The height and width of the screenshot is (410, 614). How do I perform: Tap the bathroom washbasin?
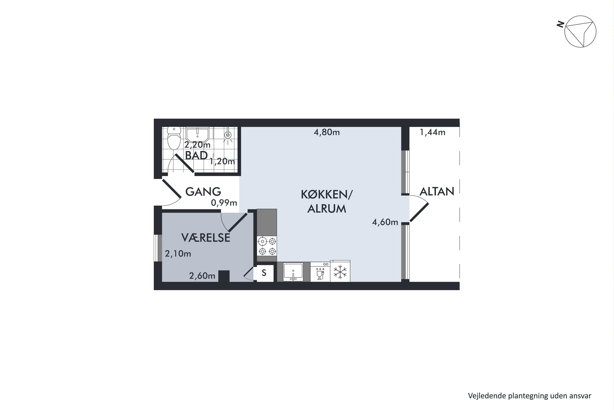tap(197, 134)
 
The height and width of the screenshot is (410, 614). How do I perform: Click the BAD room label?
tap(196, 155)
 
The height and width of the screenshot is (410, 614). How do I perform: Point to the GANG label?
tap(203, 192)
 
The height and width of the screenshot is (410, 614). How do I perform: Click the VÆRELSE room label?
tap(206, 238)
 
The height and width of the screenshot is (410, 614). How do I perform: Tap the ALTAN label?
tap(437, 191)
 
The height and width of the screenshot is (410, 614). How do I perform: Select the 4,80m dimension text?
tap(327, 132)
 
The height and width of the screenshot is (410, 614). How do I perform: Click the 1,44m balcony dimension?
tap(432, 132)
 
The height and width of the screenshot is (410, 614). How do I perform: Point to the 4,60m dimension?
tap(385, 222)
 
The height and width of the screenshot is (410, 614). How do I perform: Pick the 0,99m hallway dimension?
tap(224, 203)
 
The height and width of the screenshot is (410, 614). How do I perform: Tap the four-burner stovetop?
tap(267, 246)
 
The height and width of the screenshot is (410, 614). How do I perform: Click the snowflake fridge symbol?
tap(340, 271)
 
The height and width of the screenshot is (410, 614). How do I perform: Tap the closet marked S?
tap(264, 273)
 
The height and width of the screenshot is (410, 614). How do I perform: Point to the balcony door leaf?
tap(419, 212)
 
